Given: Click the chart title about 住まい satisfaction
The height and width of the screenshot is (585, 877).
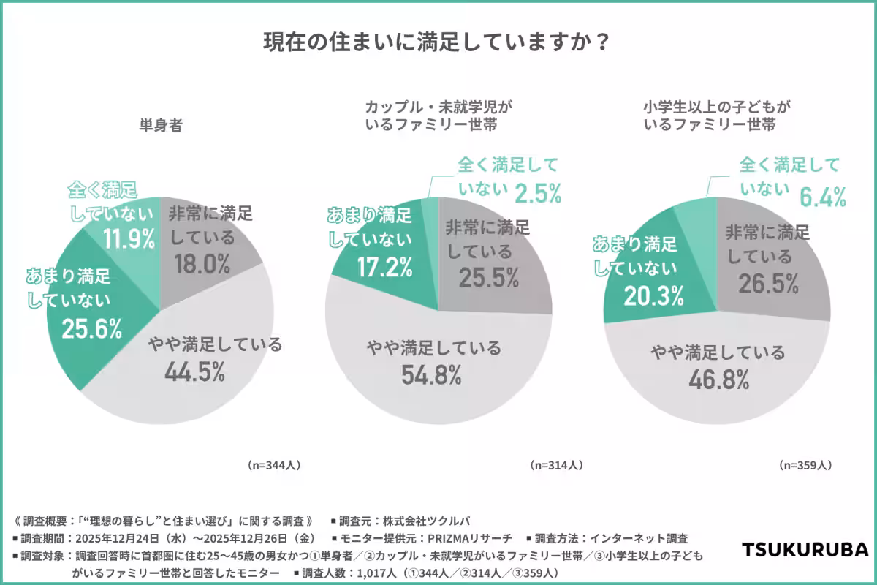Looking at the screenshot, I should coord(438,42).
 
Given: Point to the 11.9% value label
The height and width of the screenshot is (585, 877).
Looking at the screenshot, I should coord(129,238).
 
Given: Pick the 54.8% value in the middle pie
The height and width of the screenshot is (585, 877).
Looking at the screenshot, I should coord(431,375).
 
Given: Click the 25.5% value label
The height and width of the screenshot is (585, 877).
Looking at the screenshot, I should coord(489,278).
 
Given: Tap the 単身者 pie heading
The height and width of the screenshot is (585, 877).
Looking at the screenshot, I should coord(160,125).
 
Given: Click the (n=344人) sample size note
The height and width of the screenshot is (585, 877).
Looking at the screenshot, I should coord(274,464).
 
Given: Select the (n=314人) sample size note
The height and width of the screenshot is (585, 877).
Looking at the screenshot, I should coord(556,464).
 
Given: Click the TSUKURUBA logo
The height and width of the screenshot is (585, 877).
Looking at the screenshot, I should coord(805,549).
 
